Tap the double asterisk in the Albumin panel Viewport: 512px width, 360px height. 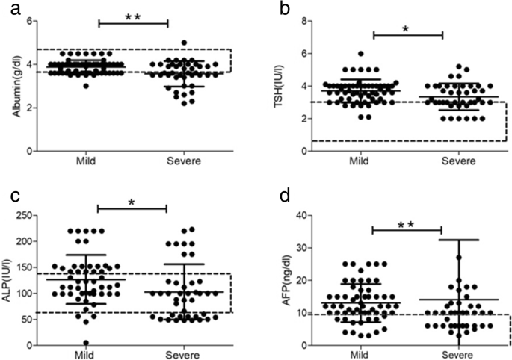[133, 15]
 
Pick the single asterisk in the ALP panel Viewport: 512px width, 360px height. [132, 202]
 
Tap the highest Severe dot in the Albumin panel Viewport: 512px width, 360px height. [184, 43]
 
